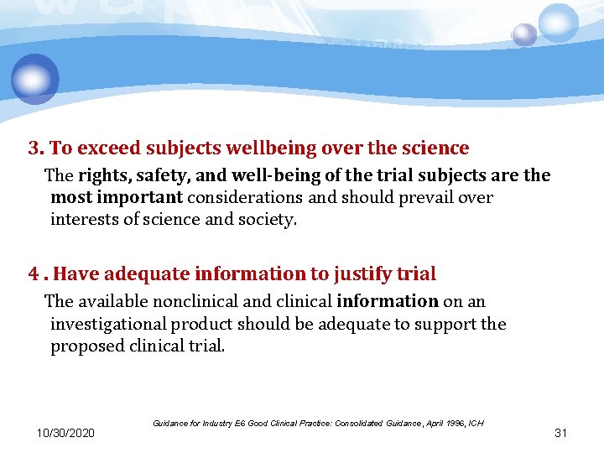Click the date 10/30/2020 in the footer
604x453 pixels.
point(66,433)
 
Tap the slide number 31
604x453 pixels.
point(561,433)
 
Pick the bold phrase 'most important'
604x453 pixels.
point(117,198)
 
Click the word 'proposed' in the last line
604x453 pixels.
point(86,346)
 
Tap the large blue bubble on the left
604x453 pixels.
point(35,78)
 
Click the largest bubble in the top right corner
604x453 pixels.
point(559,23)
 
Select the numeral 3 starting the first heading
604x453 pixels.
point(34,148)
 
